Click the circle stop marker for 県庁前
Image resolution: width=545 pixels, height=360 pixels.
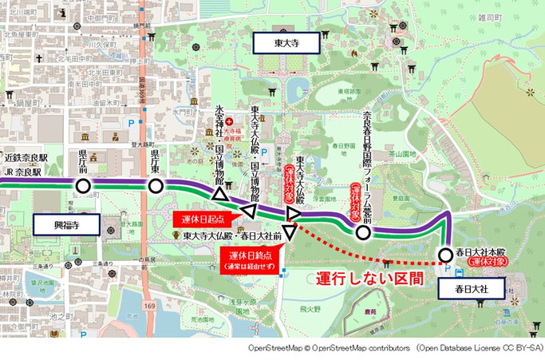(83, 187)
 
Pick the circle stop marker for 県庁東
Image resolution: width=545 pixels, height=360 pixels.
(156, 187)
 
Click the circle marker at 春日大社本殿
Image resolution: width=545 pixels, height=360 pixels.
(444, 255)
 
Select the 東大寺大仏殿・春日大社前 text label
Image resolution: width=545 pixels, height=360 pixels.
(232, 236)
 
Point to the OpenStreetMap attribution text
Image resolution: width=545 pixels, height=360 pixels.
(395, 349)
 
